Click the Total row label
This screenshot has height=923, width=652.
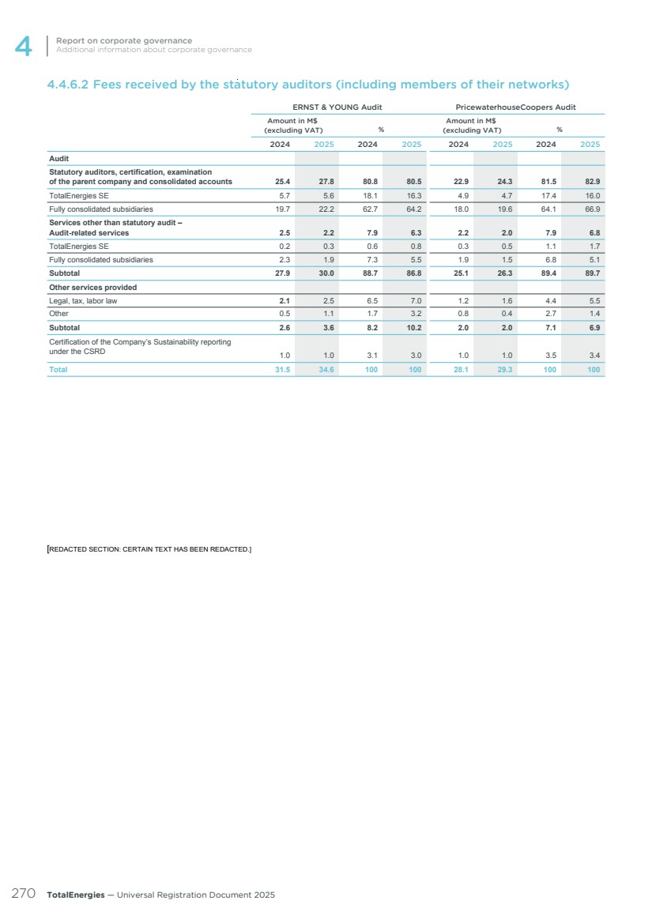tap(58, 369)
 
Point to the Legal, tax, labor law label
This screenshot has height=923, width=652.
tap(83, 301)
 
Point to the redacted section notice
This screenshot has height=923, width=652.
tap(149, 548)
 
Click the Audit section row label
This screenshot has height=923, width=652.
tap(59, 159)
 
